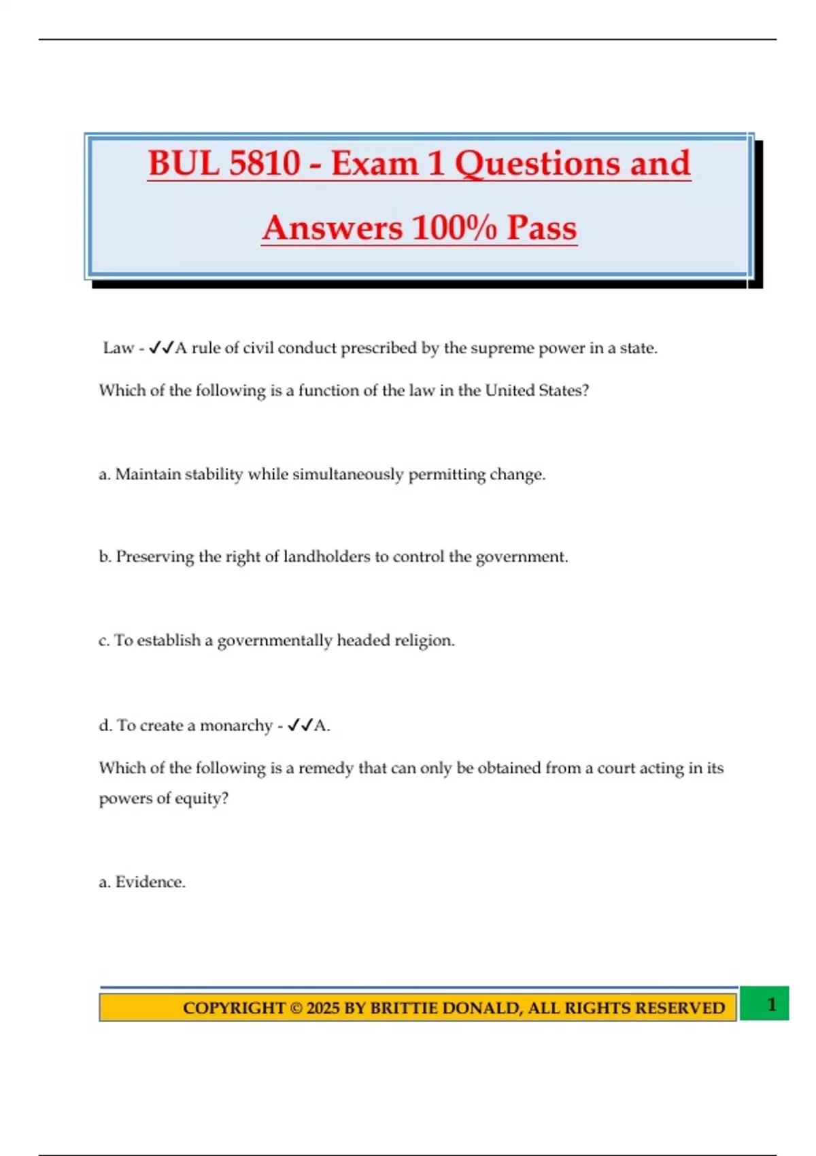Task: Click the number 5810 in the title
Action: pyautogui.click(x=265, y=164)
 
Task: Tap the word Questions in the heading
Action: pyautogui.click(x=538, y=164)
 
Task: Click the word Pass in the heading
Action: pyautogui.click(x=542, y=228)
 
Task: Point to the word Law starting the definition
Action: pyautogui.click(x=118, y=348)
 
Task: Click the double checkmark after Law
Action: pyautogui.click(x=161, y=348)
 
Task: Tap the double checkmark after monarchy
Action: pyautogui.click(x=299, y=726)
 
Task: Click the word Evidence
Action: pyautogui.click(x=150, y=882)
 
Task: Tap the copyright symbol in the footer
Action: pyautogui.click(x=296, y=1008)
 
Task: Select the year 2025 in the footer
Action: pyautogui.click(x=323, y=1008)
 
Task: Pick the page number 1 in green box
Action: pyautogui.click(x=771, y=1004)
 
